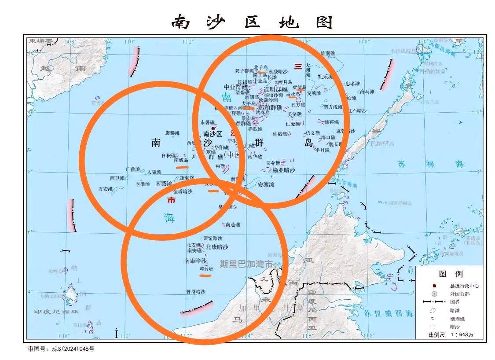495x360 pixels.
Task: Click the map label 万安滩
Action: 106,189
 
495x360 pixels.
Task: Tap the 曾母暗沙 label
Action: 195,291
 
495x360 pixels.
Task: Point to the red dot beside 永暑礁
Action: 213,129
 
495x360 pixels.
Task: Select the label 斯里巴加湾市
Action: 246,264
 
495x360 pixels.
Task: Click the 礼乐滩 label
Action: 325,77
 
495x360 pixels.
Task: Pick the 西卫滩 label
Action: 117,178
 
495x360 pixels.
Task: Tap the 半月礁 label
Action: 322,150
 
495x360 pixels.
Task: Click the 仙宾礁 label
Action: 331,122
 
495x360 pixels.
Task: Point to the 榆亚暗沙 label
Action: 284,170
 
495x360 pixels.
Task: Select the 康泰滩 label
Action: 172,133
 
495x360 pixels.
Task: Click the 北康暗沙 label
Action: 217,247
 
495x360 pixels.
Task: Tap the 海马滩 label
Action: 367,92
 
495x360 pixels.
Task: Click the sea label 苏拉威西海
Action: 389,313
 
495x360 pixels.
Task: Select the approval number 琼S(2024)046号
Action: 73,349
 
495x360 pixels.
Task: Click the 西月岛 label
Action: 285,82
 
